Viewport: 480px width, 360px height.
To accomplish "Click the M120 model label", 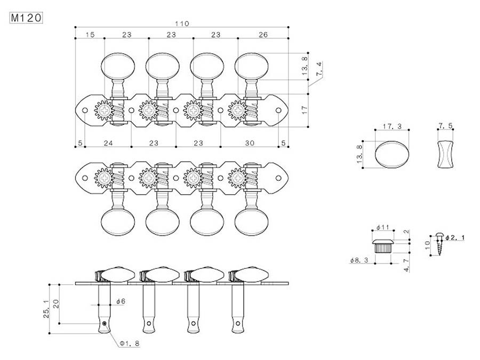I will pyautogui.click(x=26, y=18).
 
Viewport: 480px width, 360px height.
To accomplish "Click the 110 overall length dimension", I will pyautogui.click(x=182, y=23).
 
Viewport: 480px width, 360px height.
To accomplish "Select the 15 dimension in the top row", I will pyautogui.click(x=90, y=35).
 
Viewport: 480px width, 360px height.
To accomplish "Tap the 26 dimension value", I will pyautogui.click(x=262, y=35).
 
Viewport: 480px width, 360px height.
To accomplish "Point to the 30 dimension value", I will pyautogui.click(x=251, y=143).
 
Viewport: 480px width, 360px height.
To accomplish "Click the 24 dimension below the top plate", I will pyautogui.click(x=108, y=143).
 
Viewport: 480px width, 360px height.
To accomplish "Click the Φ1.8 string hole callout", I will pyautogui.click(x=130, y=344).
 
